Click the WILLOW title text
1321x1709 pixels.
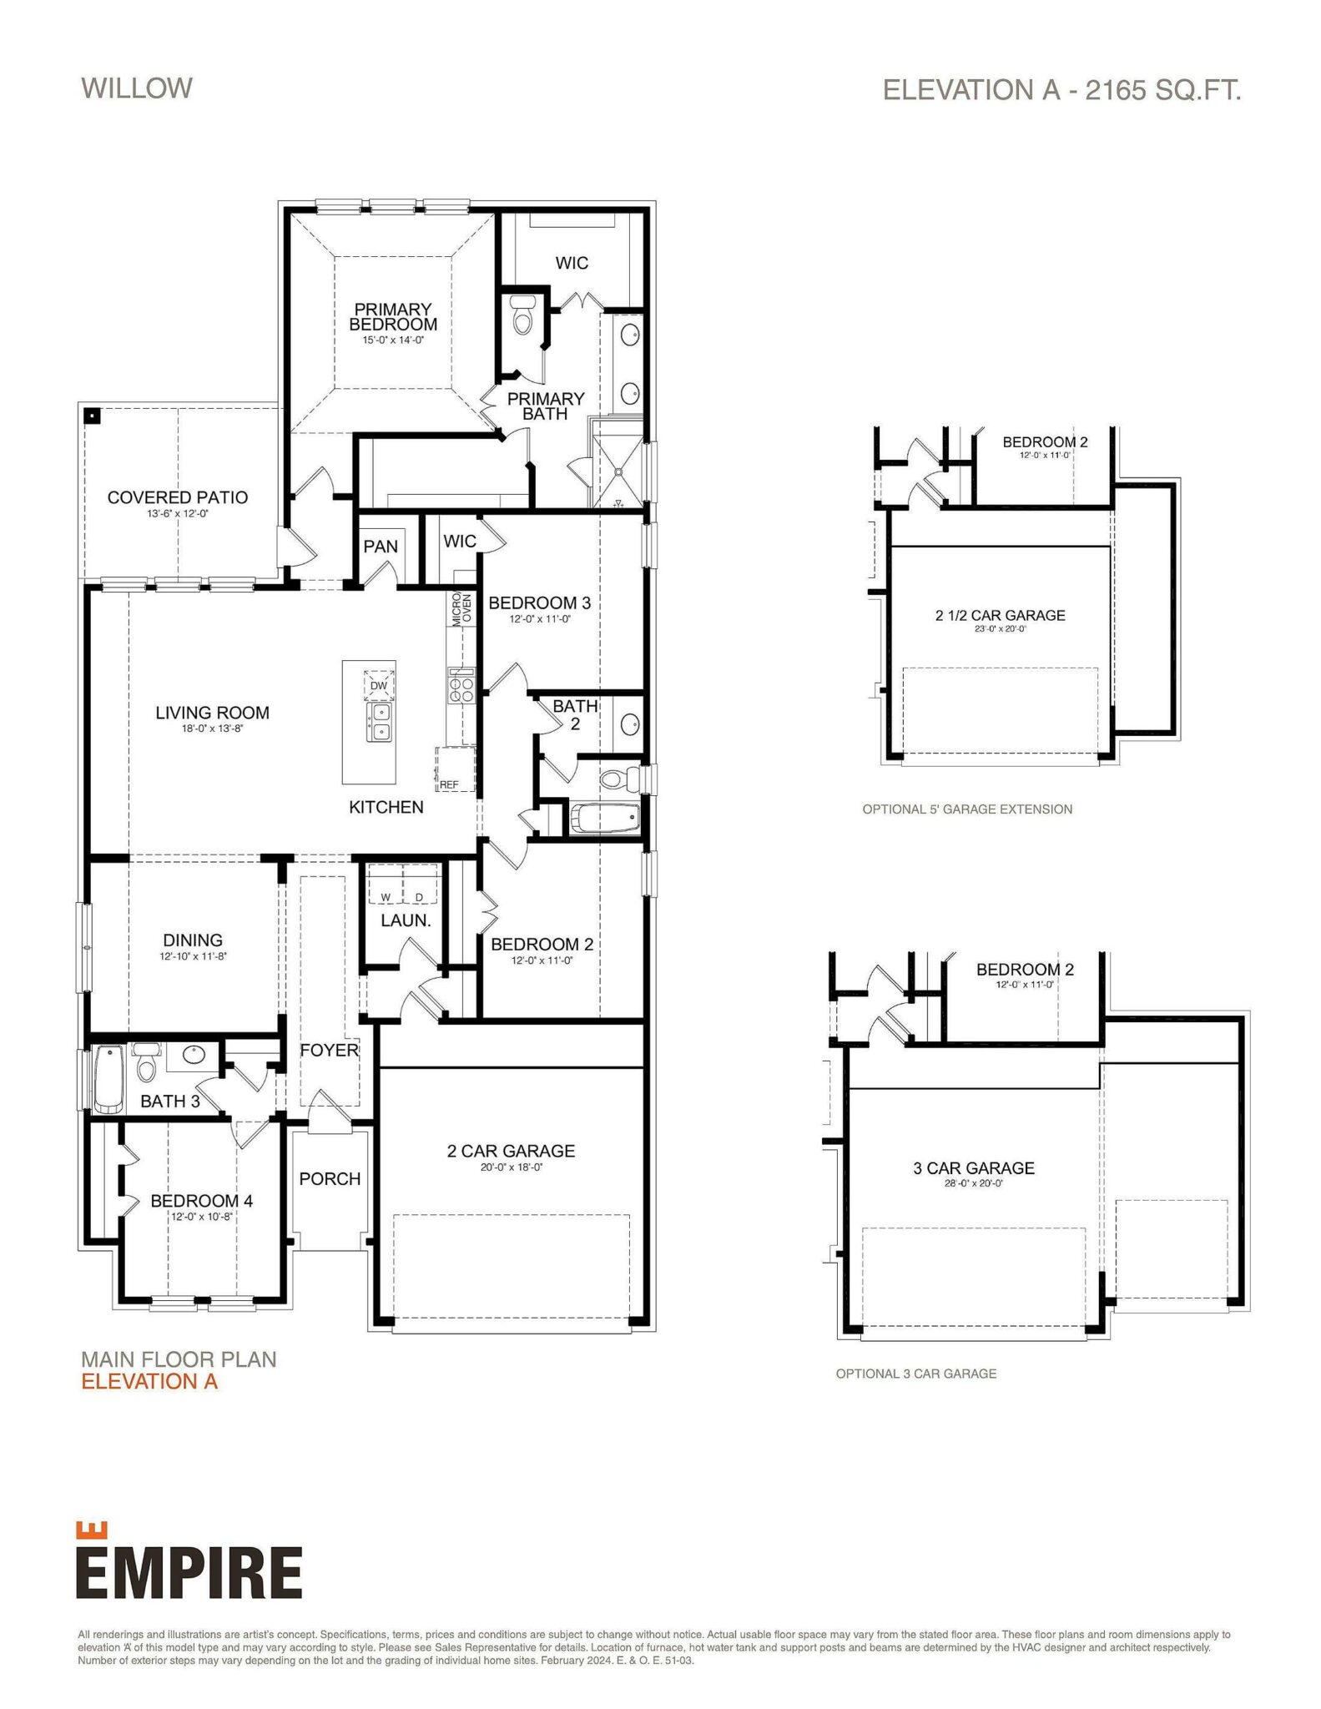tap(137, 88)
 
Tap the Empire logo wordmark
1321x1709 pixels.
tap(189, 1572)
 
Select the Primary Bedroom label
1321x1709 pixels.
tap(393, 317)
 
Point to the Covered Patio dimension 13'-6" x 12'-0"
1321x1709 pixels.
tap(178, 514)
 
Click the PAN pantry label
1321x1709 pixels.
tap(381, 547)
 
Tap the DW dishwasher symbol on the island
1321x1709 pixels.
tap(379, 685)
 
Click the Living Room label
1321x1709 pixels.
tap(212, 713)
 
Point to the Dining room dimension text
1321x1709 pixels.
tap(193, 956)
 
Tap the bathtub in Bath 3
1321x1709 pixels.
tap(108, 1080)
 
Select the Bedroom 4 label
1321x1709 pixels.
tap(201, 1201)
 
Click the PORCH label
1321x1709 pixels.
tap(330, 1179)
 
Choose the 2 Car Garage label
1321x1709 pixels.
tap(511, 1152)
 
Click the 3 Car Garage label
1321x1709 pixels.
tap(973, 1168)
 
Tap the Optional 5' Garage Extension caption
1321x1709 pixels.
tap(966, 809)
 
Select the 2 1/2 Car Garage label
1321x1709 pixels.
tap(1000, 615)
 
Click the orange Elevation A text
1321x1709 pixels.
tap(149, 1382)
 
